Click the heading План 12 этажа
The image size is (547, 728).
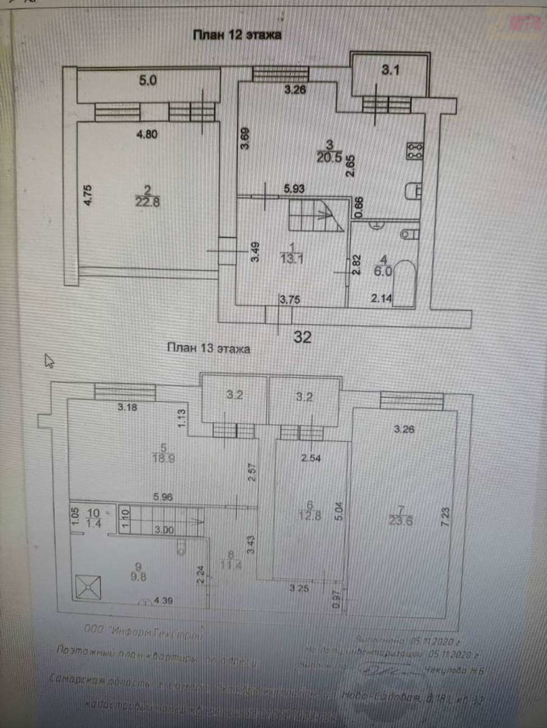pos(237,35)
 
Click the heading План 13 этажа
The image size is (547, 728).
pos(208,348)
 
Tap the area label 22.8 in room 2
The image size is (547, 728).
pos(148,202)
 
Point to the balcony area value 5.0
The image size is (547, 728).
pos(147,80)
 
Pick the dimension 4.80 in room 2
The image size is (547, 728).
pos(147,134)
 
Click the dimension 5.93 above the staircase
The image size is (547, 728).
pos(294,189)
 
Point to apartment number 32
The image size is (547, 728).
pos(303,337)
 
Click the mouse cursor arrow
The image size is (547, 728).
pos(49,360)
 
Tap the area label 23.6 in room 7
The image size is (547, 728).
pos(400,520)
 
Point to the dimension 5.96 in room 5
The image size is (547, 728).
pos(163,497)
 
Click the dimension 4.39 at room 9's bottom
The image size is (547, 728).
pos(162,600)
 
